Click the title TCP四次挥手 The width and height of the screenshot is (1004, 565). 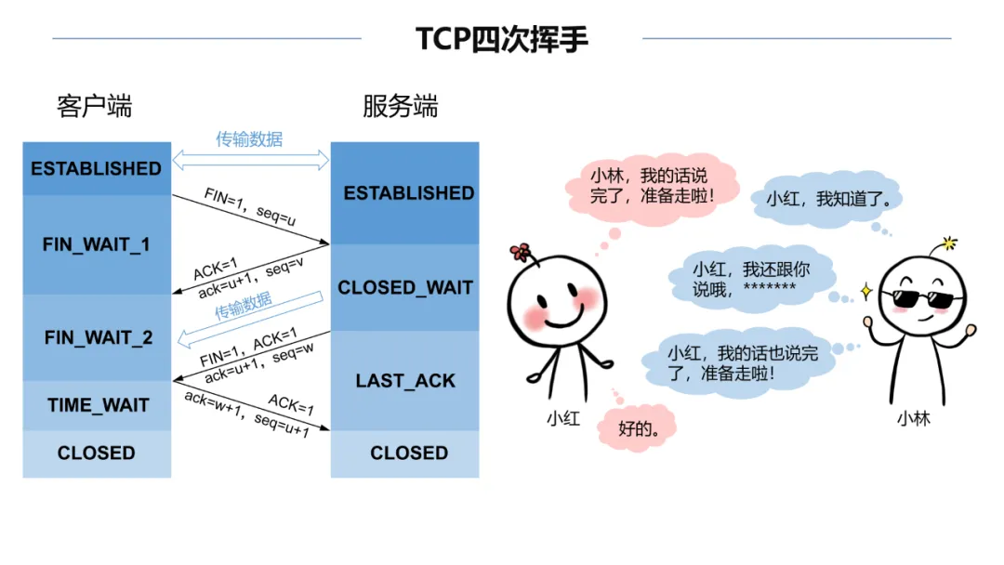501,39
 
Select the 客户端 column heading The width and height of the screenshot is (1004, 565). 94,106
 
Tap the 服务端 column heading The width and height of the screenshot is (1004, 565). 400,106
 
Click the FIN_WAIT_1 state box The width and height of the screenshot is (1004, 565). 97,244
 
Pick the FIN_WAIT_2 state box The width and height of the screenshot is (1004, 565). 98,337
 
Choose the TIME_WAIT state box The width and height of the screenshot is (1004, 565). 98,405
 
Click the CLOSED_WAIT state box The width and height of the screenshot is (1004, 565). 405,288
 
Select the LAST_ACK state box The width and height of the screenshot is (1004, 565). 405,381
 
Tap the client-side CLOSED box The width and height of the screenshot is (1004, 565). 97,453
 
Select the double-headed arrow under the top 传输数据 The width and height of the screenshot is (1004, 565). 251,160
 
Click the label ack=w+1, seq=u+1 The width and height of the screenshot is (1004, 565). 246,416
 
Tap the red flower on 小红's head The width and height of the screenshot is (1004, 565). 521,252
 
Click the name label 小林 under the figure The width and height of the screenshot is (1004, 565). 913,419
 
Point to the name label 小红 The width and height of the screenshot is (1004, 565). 562,419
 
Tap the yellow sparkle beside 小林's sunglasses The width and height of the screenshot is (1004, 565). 865,292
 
